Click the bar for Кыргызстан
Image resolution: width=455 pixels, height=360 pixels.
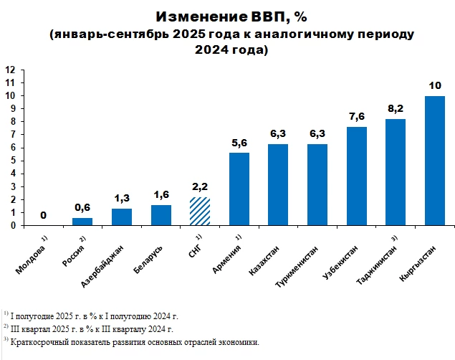coord(434,161)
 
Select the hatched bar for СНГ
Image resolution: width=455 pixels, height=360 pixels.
coord(200,211)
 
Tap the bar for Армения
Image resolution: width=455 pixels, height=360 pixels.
coord(239,189)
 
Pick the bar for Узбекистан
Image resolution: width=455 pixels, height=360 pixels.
coord(356,176)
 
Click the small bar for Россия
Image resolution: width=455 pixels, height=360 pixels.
coord(82,221)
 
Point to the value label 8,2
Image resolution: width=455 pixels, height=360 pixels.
coord(396,108)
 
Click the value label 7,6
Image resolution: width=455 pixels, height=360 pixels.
coord(356,116)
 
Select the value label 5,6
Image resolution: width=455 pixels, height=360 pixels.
coord(239,142)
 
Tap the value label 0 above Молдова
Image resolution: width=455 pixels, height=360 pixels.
coord(43,215)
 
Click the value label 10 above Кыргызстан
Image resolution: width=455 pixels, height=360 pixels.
coord(434,85)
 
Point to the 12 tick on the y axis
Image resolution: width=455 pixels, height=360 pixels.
coord(11,70)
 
